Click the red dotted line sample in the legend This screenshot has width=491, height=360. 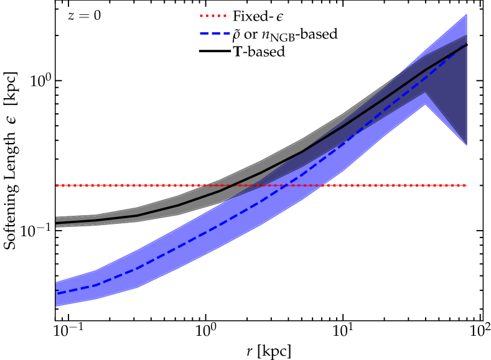[x=215, y=16]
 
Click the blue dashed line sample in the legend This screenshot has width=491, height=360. [x=215, y=33]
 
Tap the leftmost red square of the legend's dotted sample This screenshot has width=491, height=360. [x=202, y=16]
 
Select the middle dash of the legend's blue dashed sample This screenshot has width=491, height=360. [x=215, y=33]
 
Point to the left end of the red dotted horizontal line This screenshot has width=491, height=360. [x=57, y=185]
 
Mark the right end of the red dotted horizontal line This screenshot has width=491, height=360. [x=466, y=185]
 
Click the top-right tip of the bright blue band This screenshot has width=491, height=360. [x=467, y=14]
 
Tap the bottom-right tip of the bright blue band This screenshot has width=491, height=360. [x=467, y=145]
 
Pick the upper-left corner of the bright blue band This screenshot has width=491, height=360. [x=57, y=282]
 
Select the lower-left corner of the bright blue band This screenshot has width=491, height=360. [x=57, y=306]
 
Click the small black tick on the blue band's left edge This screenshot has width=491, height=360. [x=57, y=290]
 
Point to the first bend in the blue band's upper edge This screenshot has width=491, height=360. [x=96, y=269]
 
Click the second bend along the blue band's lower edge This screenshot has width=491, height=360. [x=138, y=288]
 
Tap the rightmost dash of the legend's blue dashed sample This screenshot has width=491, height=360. [x=227, y=33]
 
